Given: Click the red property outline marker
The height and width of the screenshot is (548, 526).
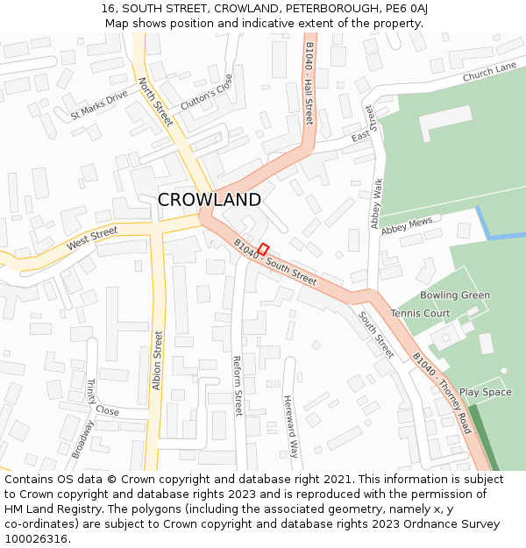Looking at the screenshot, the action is click(263, 249).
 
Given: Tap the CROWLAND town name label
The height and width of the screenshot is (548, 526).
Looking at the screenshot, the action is click(209, 200).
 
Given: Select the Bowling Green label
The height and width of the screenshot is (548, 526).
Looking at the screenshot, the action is click(454, 295).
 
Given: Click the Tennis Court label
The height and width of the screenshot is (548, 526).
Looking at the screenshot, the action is click(420, 314).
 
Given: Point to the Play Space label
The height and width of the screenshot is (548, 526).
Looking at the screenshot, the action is click(485, 392).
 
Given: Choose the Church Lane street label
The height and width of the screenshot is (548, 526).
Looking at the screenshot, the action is click(489, 73).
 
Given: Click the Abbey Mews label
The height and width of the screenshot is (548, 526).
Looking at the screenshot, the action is click(407, 224).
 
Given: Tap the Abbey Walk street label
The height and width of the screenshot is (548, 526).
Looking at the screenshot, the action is click(377, 203).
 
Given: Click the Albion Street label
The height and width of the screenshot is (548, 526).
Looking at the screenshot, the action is click(157, 359).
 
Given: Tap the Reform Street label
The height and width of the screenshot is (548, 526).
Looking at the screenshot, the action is click(237, 386).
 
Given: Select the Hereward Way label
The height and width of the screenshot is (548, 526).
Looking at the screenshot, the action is click(290, 426).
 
